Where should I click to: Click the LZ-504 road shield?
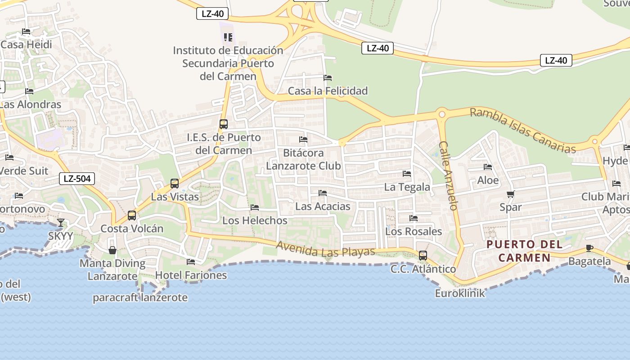77,179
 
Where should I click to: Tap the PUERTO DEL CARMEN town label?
525,251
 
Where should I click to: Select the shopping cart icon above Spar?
510,194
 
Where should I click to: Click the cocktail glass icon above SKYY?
61,222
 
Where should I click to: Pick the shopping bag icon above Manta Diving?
112,250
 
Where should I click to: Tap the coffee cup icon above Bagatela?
589,248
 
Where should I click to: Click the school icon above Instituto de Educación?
228,37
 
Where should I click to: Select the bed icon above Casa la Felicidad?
328,78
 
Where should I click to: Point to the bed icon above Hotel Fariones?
191,261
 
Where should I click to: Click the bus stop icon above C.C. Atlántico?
423,256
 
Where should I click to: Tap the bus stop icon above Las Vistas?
175,184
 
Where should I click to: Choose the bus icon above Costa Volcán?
132,216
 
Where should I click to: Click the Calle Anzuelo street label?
449,175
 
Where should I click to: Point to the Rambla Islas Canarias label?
523,130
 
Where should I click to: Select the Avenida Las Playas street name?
326,249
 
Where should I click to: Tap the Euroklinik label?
460,293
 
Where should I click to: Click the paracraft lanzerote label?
140,297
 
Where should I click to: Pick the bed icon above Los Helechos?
255,207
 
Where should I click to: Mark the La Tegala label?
407,187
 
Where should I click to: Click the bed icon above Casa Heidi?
26,31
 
